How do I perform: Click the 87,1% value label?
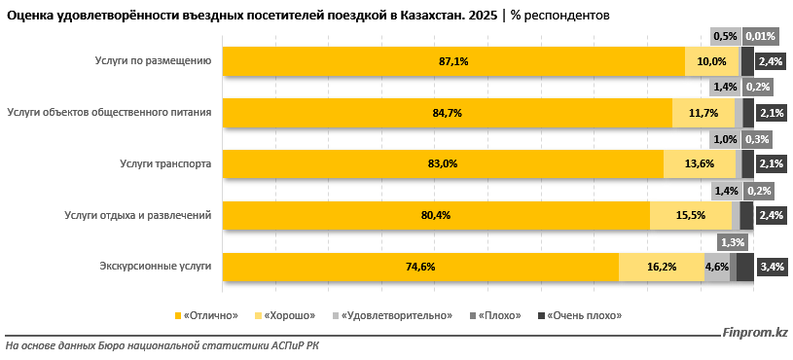pyautogui.click(x=453, y=61)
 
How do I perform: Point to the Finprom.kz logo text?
pyautogui.click(x=755, y=335)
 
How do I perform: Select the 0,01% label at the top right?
pyautogui.click(x=759, y=36)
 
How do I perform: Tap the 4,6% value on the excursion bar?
pyautogui.click(x=717, y=267)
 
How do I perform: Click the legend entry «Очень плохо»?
pyautogui.click(x=583, y=316)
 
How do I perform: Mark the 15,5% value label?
pyautogui.click(x=691, y=215)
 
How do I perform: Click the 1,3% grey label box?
pyautogui.click(x=734, y=242)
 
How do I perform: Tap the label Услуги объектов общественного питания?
pyautogui.click(x=108, y=112)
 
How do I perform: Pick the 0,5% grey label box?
pyautogui.click(x=725, y=36)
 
